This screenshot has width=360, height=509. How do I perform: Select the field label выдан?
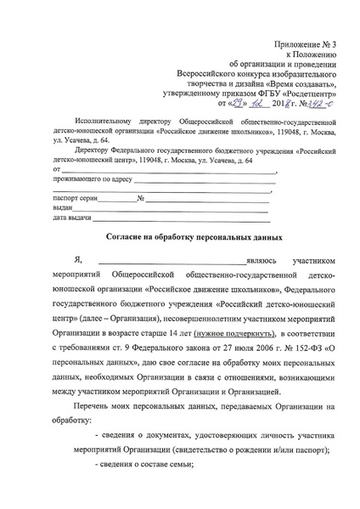63,208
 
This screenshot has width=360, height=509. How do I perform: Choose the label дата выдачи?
71,218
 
